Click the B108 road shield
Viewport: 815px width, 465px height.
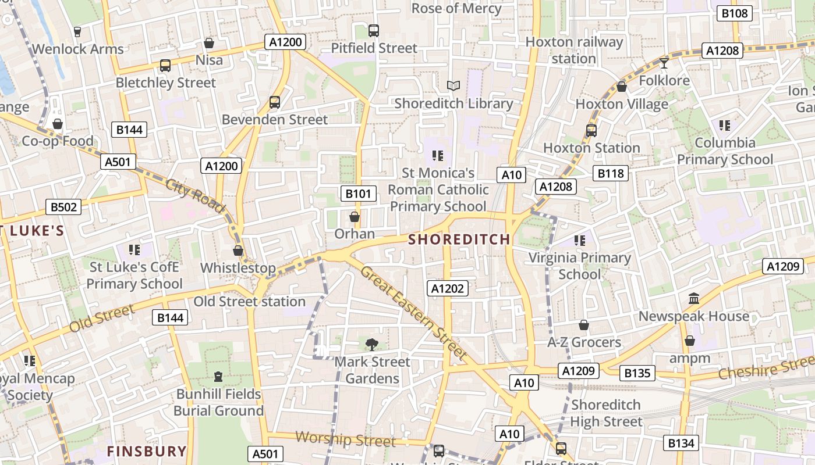(734, 13)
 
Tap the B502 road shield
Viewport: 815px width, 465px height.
(63, 206)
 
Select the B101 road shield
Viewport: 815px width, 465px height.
(358, 194)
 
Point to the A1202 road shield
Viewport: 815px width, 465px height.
(448, 288)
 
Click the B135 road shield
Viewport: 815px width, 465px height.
(637, 373)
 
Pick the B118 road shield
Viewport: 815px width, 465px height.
(610, 173)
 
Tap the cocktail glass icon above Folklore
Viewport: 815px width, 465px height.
(664, 63)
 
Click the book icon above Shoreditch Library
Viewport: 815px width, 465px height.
(453, 86)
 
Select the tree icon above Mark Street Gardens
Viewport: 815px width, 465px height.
(371, 344)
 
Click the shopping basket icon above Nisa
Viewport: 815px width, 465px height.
(209, 43)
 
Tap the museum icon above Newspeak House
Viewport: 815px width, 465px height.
(694, 299)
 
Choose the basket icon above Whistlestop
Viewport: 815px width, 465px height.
(238, 251)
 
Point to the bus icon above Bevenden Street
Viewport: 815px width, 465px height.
(275, 102)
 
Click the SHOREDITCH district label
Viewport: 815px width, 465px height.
(459, 239)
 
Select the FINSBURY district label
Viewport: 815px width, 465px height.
(147, 451)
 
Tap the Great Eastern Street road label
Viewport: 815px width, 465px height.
(414, 312)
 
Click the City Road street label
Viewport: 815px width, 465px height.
(195, 195)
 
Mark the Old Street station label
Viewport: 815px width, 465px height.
(249, 302)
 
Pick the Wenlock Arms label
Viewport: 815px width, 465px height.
(78, 49)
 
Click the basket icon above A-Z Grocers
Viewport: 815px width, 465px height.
(584, 325)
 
